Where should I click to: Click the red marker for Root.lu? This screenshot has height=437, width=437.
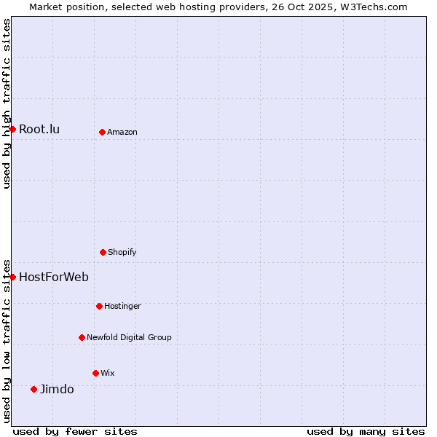point(12,129)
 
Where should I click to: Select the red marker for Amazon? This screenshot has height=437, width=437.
point(102,132)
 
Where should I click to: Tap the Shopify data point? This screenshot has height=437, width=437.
point(103,252)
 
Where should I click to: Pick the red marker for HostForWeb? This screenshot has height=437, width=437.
point(12,277)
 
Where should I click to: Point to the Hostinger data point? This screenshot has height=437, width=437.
point(99,306)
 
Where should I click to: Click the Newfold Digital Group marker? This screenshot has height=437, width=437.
point(82,337)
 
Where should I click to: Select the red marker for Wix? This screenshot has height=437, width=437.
point(95,373)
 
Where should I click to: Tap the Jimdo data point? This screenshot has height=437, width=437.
point(34,389)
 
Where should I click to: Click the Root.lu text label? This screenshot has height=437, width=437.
point(39,130)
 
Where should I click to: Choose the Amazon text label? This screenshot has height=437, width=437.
point(122,133)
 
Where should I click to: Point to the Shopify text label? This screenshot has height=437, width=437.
point(122,253)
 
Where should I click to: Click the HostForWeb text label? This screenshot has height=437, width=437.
point(54,277)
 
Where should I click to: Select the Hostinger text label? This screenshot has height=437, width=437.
point(122,307)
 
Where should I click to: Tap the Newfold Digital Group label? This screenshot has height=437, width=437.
point(129,338)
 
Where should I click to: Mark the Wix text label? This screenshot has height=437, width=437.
point(108,374)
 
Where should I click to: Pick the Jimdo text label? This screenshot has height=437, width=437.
point(57,389)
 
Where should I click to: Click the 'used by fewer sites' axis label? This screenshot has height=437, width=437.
point(75,431)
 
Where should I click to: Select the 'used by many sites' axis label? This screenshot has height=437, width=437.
point(366,431)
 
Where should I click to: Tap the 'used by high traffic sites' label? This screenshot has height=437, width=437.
point(7,103)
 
